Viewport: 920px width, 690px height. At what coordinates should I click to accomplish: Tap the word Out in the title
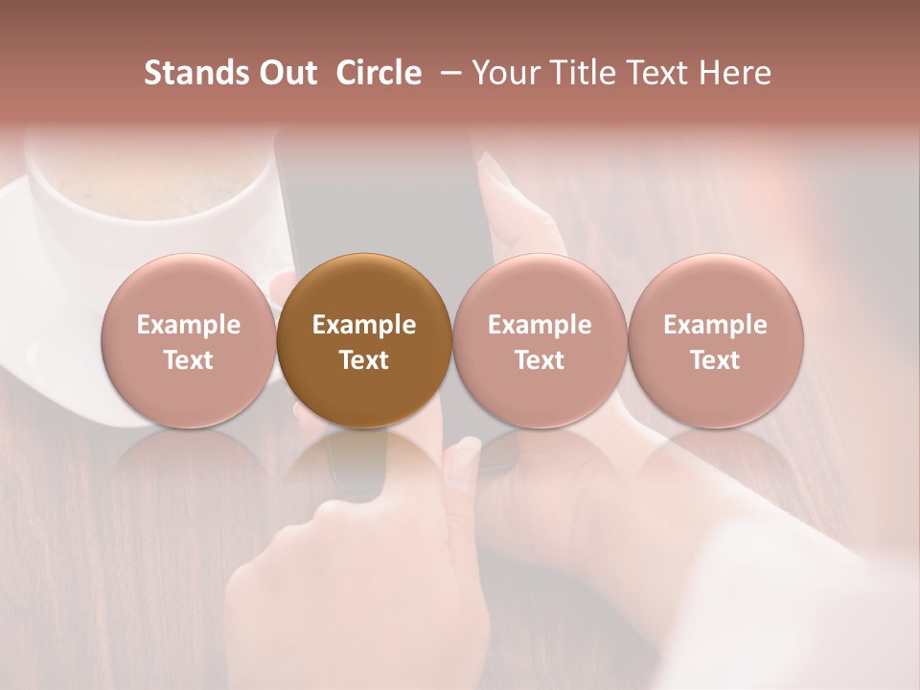(285, 73)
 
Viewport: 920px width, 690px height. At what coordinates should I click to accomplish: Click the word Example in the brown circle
(364, 325)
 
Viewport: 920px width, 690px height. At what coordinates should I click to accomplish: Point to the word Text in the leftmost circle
(189, 360)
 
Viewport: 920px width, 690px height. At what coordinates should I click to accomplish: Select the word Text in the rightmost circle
(715, 360)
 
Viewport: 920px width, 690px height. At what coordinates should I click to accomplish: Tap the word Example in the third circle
(540, 325)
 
